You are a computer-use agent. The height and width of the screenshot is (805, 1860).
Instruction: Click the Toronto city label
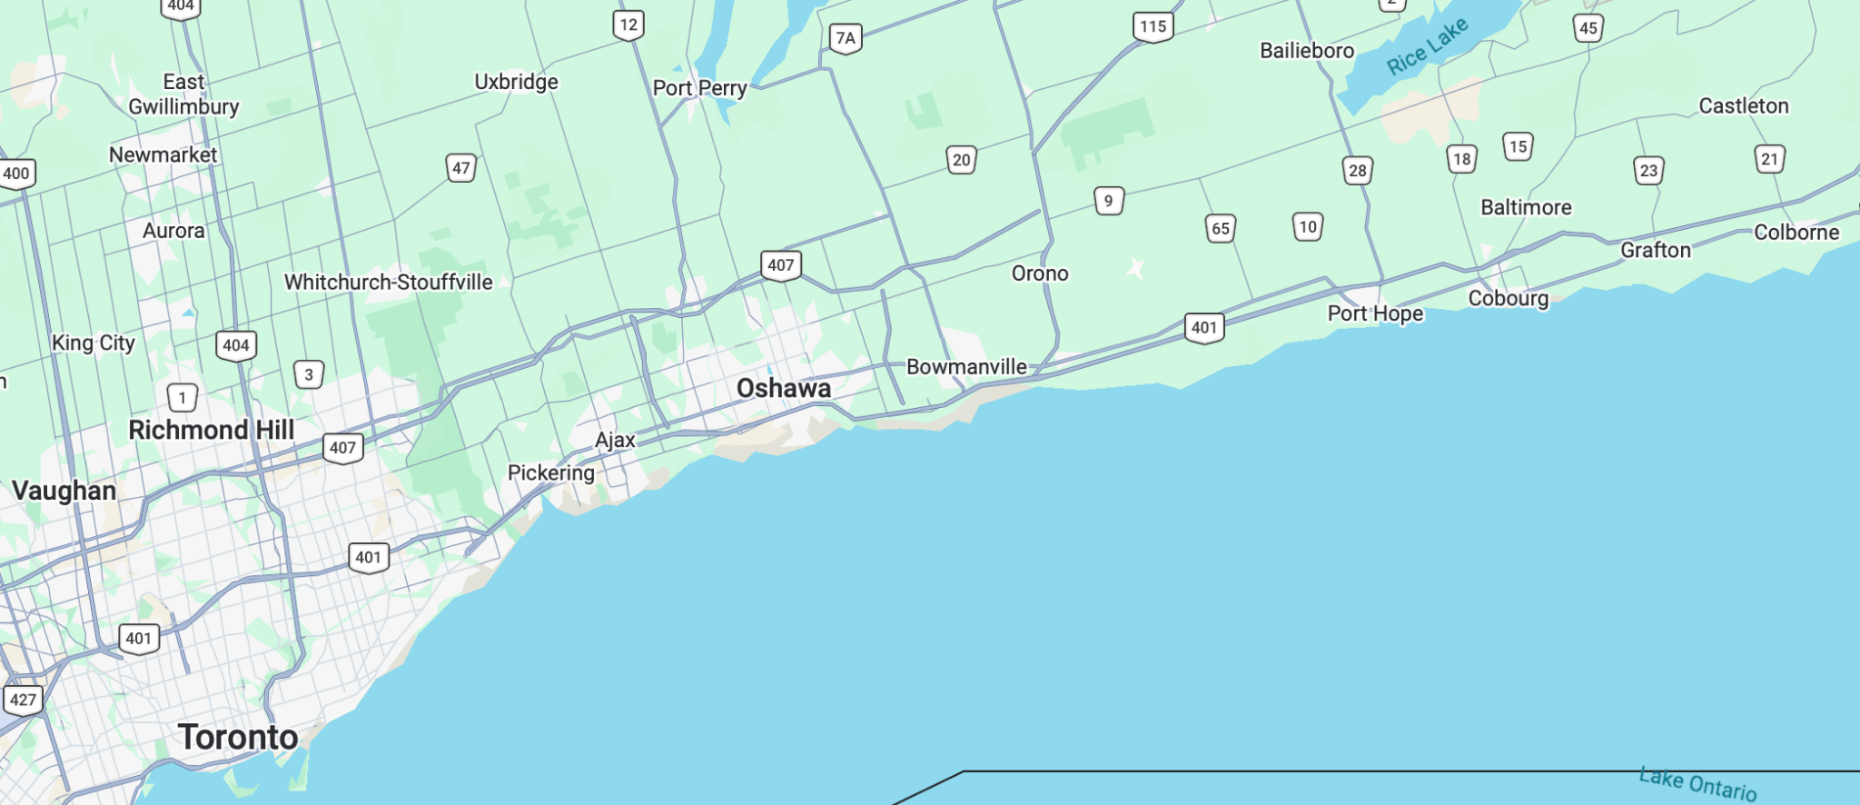pos(238,737)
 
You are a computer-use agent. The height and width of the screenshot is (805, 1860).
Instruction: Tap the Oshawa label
pos(784,388)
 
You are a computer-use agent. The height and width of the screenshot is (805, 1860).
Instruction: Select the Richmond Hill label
pos(212,430)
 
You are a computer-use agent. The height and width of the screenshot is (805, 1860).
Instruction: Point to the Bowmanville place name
pos(966,367)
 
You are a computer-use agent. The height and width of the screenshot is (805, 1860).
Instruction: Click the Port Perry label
pos(699,88)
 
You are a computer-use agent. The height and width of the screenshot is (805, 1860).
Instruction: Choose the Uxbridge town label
pos(516,82)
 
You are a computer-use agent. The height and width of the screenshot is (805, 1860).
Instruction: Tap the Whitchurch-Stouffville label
pos(389,283)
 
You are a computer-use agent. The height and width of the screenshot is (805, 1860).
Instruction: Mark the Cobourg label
pos(1509,299)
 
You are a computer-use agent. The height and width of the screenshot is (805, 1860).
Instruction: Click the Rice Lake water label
pos(1427,46)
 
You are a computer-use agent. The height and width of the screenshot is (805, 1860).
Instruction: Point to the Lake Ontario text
pos(1697,783)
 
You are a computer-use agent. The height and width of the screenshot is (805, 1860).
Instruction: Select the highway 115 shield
pos(1153,26)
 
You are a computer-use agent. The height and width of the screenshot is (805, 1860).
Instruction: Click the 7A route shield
pos(846,38)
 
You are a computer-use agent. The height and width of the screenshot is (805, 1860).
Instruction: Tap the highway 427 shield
pos(23,700)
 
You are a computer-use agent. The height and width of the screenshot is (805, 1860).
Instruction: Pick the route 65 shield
pos(1221,229)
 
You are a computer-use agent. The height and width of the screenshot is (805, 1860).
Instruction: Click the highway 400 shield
pos(16,174)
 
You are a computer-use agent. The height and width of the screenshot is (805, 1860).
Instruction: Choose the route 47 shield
pos(461,168)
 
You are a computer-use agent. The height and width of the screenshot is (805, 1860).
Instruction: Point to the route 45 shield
pos(1588,28)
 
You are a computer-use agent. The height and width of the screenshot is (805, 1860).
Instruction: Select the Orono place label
pos(1040,273)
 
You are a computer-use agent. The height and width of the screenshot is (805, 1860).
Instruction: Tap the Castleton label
pos(1744,106)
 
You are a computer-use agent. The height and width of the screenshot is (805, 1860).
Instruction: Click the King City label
pos(94,343)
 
